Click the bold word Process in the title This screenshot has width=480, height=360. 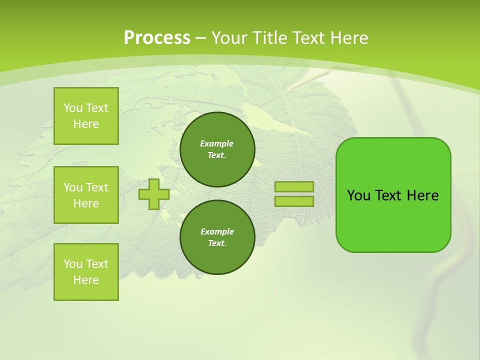[x=157, y=38]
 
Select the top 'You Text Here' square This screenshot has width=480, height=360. [x=86, y=116]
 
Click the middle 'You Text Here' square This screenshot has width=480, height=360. [x=86, y=195]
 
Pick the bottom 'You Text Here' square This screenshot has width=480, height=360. [x=86, y=272]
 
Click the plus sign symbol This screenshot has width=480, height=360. [x=154, y=194]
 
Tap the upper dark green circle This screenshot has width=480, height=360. [x=217, y=149]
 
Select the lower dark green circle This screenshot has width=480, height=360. [x=217, y=237]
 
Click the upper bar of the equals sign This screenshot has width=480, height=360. [x=294, y=186]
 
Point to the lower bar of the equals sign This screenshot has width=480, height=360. [x=294, y=201]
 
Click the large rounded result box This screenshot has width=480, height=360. [x=393, y=220]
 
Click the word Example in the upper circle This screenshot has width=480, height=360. [x=216, y=143]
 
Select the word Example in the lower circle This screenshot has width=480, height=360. [x=217, y=231]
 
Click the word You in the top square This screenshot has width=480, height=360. [x=73, y=108]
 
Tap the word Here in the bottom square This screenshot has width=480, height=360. [x=86, y=280]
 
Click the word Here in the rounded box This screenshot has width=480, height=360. [x=422, y=195]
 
